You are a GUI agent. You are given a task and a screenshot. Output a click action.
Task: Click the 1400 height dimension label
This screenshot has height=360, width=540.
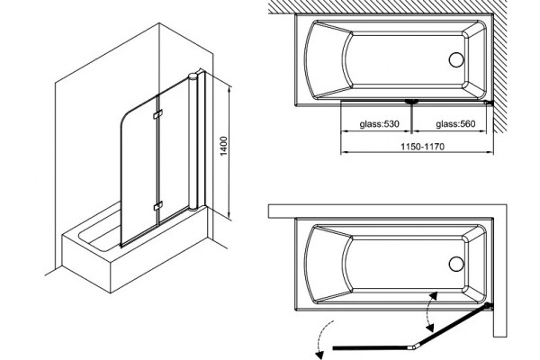tap(224, 146)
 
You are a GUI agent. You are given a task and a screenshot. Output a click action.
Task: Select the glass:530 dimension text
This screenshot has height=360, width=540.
tap(379, 124)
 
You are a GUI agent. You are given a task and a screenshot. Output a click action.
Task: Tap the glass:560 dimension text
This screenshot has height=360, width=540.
tap(455, 124)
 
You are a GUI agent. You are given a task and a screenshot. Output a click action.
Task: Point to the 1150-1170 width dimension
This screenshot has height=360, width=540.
tap(422, 147)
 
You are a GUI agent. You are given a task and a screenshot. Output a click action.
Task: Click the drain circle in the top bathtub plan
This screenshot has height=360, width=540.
tap(456, 60)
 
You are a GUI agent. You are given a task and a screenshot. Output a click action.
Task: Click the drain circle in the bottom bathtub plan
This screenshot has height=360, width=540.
tap(456, 264)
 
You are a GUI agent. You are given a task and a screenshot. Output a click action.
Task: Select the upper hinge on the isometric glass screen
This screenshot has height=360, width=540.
tap(157, 114)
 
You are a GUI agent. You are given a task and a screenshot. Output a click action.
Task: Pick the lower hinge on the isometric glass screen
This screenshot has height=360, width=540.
tap(157, 206)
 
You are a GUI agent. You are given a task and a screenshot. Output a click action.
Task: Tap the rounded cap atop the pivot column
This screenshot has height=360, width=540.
tap(193, 76)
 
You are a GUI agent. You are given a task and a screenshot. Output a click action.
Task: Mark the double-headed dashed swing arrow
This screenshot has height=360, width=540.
tap(430, 311)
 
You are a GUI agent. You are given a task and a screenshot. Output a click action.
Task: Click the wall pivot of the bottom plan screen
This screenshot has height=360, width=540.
tap(487, 306)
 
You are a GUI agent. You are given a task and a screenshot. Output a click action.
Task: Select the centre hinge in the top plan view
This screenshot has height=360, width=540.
tap(412, 102)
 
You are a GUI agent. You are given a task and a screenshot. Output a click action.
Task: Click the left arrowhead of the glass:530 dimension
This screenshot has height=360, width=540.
tap(345, 131)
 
